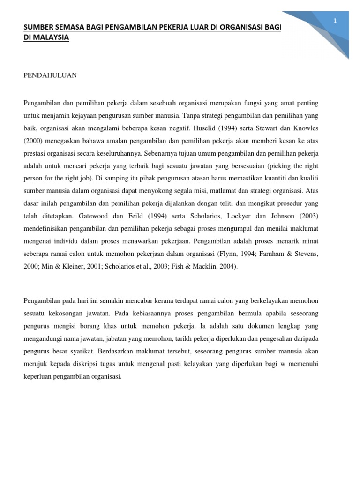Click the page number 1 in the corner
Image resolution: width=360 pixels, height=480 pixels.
coord(335,21)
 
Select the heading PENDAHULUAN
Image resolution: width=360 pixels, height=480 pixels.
coord(51,75)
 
